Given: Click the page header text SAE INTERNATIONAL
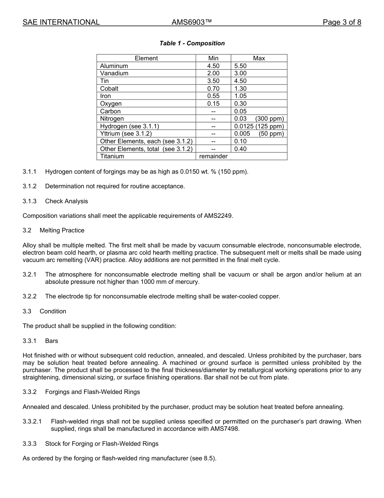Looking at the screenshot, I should (x=61, y=22).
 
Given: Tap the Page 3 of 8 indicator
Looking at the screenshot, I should (x=342, y=22).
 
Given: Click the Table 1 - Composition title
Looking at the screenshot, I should (x=192, y=43).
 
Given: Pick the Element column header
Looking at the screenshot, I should (x=146, y=58).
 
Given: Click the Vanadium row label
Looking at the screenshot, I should (x=114, y=73).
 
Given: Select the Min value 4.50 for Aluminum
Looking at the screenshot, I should (x=213, y=66).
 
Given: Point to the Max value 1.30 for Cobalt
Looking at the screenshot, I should (x=241, y=89).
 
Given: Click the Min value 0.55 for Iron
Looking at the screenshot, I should (x=213, y=96).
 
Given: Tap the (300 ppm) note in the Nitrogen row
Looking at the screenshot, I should (x=270, y=119).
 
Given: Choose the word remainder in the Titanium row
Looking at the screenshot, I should (x=213, y=156).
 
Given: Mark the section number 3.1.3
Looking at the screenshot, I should (x=30, y=201).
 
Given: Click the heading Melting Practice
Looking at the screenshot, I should (x=62, y=230).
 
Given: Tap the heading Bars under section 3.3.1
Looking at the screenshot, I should (x=52, y=341).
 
